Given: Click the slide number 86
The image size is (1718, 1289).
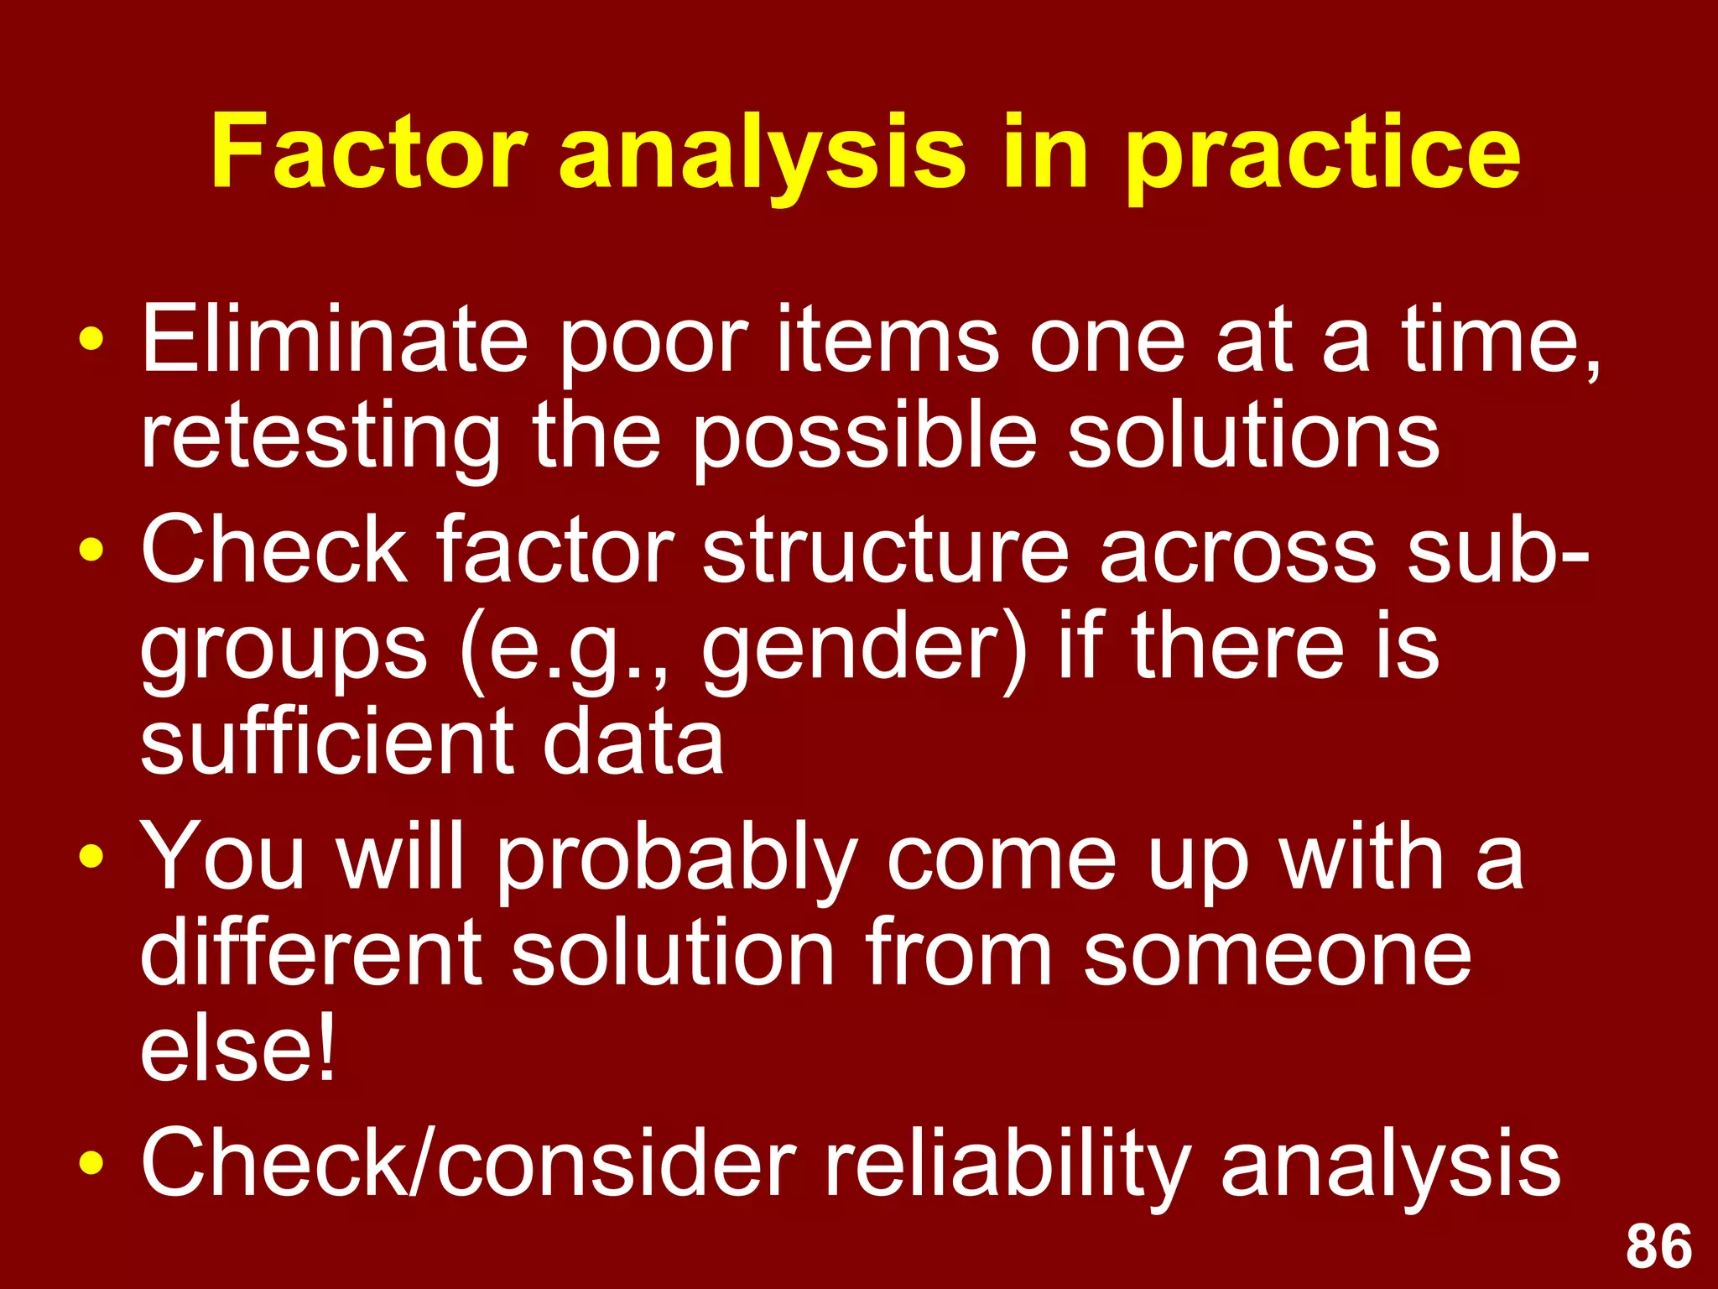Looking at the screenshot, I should pyautogui.click(x=1658, y=1247).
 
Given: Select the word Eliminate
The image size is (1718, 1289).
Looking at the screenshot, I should pyautogui.click(x=334, y=340).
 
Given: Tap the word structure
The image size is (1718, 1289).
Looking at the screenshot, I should pyautogui.click(x=885, y=551).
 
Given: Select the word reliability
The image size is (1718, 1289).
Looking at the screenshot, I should pyautogui.click(x=1007, y=1165).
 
